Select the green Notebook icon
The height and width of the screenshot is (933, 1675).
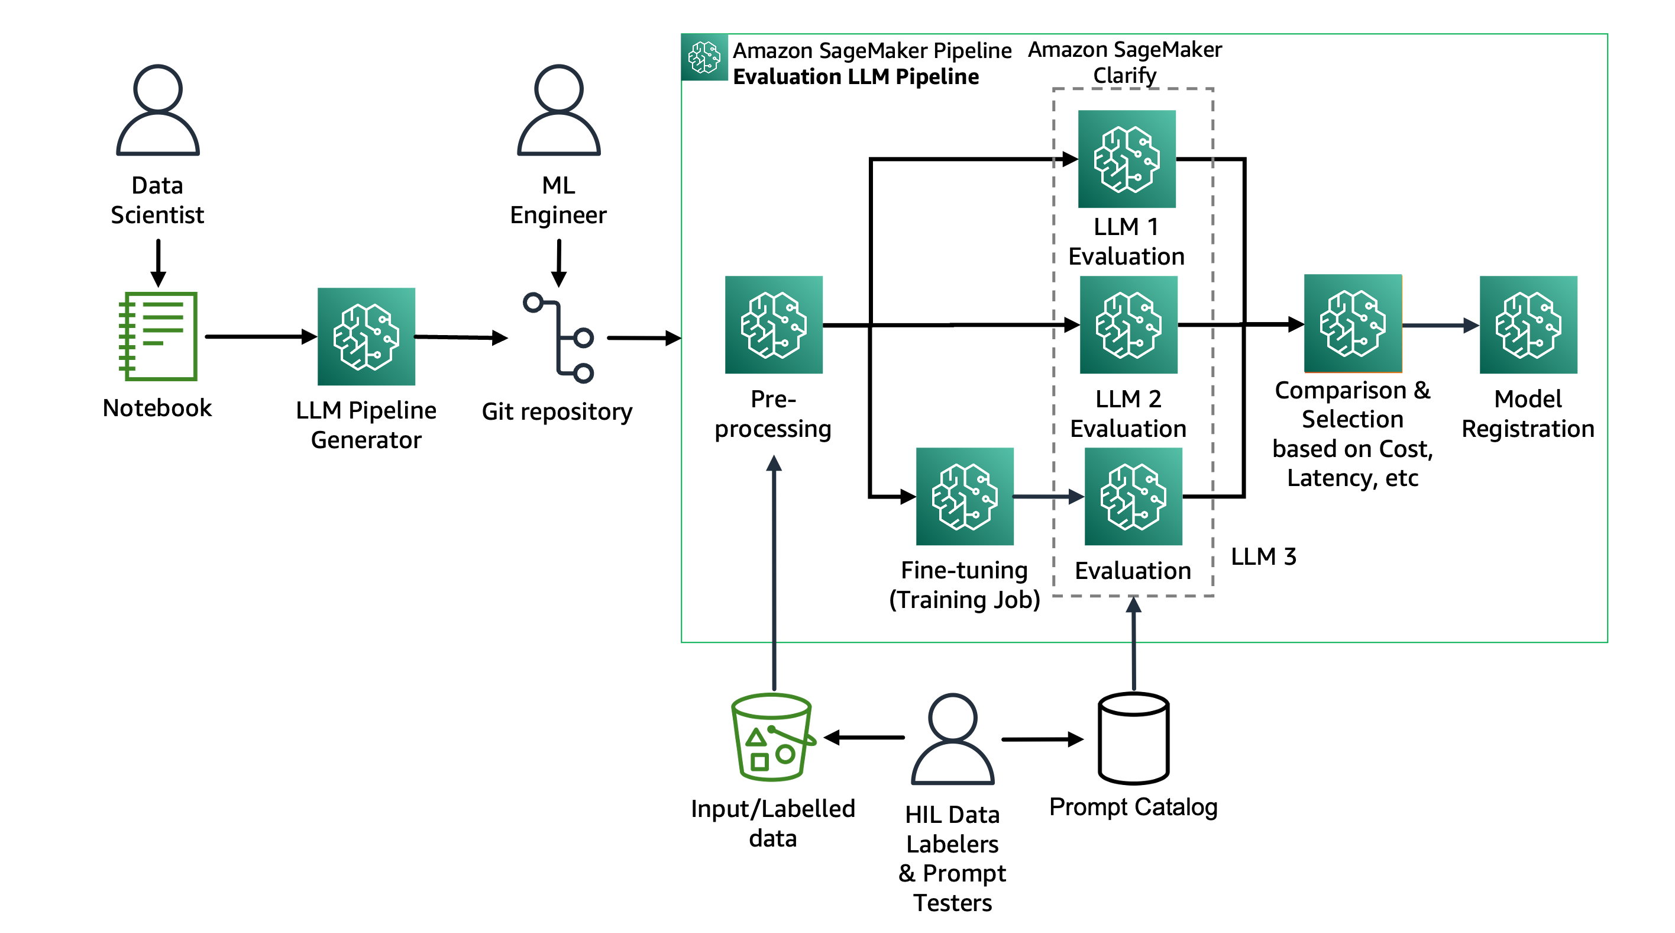[x=158, y=336]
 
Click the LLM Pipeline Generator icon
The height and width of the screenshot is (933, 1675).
[x=366, y=336]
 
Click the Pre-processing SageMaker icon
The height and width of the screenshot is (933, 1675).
[x=773, y=324]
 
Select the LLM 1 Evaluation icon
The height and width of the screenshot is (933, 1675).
[x=1126, y=159]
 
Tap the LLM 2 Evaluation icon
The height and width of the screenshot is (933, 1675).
[x=1128, y=324]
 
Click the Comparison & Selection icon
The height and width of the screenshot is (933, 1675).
[x=1353, y=323]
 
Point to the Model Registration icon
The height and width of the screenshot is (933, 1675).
[x=1528, y=324]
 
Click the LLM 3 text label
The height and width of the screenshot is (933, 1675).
[x=1263, y=557]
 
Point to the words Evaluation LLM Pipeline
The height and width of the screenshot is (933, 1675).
[x=855, y=77]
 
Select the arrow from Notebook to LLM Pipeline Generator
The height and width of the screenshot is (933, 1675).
[x=260, y=336]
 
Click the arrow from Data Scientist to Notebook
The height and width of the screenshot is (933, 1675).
[x=158, y=262]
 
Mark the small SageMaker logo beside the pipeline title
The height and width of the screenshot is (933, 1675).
[x=704, y=57]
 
